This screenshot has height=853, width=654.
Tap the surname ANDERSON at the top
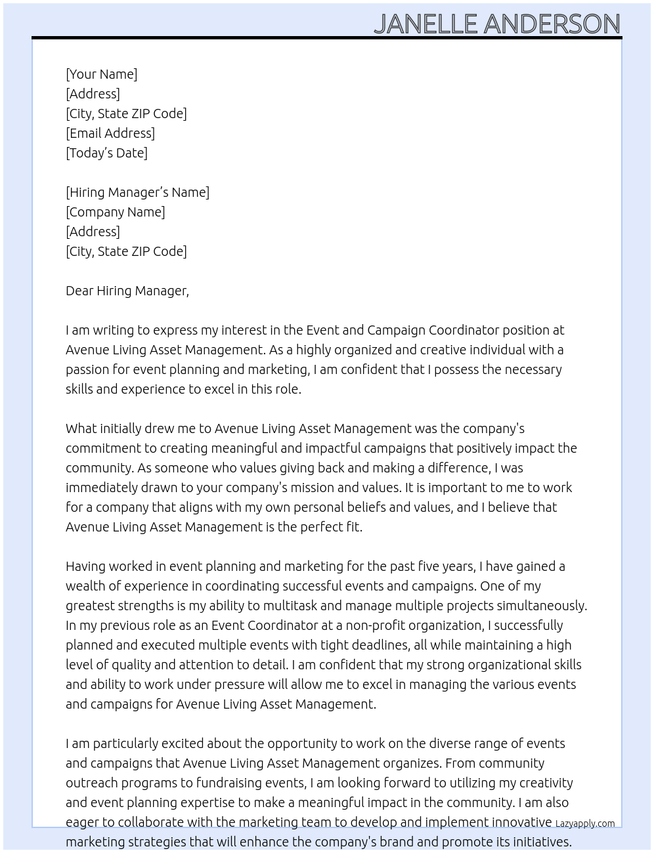pos(552,24)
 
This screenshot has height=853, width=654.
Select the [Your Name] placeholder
pos(101,74)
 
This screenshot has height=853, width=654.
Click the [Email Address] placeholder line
pos(110,133)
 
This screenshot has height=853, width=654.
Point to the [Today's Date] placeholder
pos(106,153)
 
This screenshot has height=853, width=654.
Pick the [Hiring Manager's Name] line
pos(137,192)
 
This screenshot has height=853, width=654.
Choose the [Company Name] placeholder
pos(115,212)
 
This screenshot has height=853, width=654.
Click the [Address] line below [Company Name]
pos(93,232)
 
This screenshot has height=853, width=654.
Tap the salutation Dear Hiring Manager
pos(127,291)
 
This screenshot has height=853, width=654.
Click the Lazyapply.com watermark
pos(585,823)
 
